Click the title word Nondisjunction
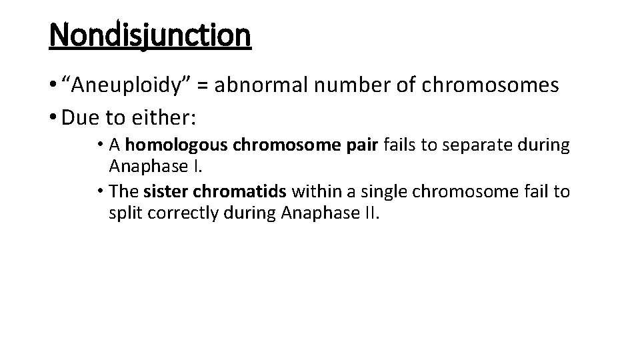click(150, 35)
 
